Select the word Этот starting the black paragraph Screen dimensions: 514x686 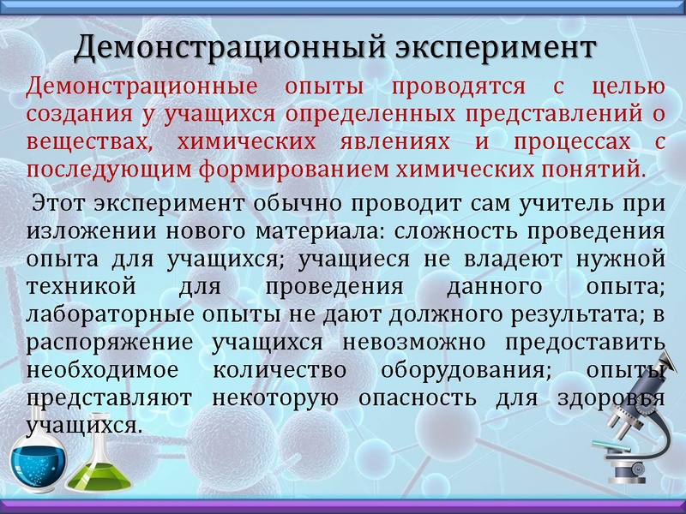(x=59, y=206)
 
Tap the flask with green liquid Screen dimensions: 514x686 (x=97, y=471)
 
